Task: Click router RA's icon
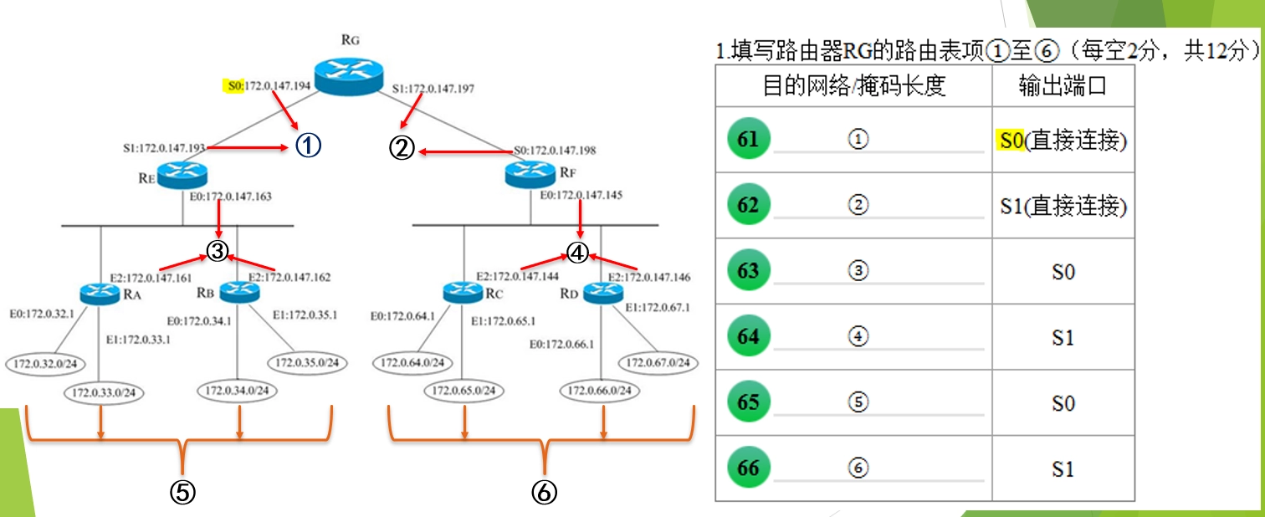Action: click(101, 293)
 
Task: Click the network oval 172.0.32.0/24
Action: click(42, 364)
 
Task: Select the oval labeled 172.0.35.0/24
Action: click(305, 363)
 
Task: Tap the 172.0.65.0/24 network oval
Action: click(463, 390)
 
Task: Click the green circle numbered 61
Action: click(748, 139)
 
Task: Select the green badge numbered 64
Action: click(748, 336)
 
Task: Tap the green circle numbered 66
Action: click(748, 468)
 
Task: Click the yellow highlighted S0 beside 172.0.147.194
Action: click(233, 85)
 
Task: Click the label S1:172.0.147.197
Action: click(433, 87)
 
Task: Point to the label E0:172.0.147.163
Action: click(229, 196)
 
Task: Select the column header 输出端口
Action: click(1063, 85)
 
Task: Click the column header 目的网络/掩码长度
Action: click(853, 85)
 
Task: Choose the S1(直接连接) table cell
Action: click(1063, 206)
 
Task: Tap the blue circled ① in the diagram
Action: click(307, 146)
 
